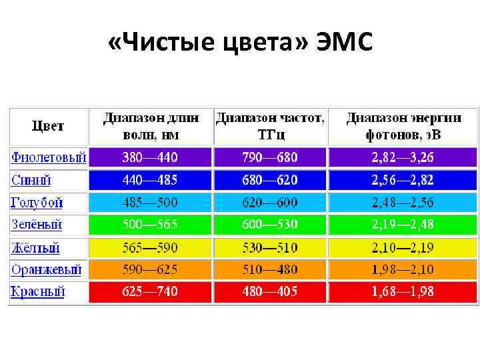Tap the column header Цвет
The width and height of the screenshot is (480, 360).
click(48, 126)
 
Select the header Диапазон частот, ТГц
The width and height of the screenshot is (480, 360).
click(271, 126)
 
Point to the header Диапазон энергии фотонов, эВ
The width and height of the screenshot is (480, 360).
click(403, 126)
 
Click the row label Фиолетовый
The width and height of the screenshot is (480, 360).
click(49, 158)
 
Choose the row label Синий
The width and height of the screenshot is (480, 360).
click(31, 180)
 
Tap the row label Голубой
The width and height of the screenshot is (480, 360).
click(37, 203)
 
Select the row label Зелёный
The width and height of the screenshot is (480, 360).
click(37, 225)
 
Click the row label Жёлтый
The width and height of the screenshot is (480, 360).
click(35, 248)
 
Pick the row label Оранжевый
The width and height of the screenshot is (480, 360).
click(46, 270)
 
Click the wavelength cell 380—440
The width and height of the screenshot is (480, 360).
click(150, 158)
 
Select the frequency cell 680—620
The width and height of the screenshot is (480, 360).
click(270, 180)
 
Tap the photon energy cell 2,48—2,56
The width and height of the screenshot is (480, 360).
click(403, 203)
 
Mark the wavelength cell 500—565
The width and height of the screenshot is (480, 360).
click(150, 225)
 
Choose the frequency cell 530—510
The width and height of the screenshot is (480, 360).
click(270, 248)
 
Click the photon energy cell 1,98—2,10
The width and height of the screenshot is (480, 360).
click(403, 270)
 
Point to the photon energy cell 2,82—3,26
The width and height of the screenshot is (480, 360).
click(403, 158)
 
